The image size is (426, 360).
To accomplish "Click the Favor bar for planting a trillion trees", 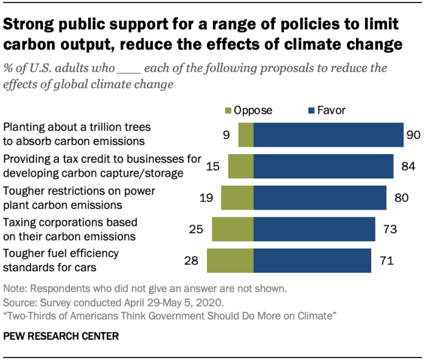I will click(329, 134).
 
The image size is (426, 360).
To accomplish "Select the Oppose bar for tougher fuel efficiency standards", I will click(230, 260).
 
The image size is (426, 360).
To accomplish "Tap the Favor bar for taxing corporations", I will click(314, 228).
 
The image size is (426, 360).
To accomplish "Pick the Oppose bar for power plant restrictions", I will click(237, 197).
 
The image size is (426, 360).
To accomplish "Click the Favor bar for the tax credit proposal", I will click(323, 166).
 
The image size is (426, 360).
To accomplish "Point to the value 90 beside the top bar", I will click(413, 135).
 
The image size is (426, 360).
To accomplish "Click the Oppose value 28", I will click(192, 261).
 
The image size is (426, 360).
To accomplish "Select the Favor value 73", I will click(390, 229).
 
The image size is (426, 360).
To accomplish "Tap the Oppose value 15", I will click(213, 166).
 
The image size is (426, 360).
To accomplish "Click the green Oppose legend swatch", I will click(228, 111).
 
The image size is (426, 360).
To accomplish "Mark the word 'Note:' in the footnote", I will click(15, 288).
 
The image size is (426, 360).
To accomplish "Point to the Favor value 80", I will click(402, 197).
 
